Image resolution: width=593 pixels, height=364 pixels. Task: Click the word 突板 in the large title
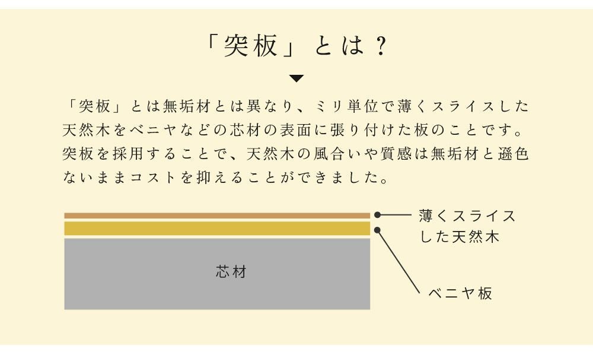[x=251, y=46]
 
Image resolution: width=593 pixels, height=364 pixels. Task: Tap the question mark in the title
[x=382, y=46]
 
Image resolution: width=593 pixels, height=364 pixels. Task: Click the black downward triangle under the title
[x=296, y=78]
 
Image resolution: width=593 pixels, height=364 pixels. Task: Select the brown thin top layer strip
[x=217, y=216]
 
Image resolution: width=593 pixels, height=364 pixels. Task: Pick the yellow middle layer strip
[x=217, y=229]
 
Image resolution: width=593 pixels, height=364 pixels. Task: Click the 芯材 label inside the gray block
[x=231, y=272]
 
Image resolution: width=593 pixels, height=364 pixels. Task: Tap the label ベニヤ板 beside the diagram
[x=460, y=293]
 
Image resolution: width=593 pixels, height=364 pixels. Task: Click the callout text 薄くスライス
[x=467, y=216]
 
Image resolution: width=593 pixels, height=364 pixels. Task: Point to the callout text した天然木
[x=460, y=237]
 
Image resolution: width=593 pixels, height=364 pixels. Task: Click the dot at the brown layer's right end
[x=377, y=215]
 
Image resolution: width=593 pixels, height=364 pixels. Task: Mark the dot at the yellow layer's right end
[x=377, y=230]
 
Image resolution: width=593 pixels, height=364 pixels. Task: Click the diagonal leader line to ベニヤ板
[x=398, y=261]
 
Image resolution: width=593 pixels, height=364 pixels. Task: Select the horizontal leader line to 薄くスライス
[x=394, y=215]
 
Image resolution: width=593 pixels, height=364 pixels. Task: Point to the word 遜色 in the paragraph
[x=513, y=154]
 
